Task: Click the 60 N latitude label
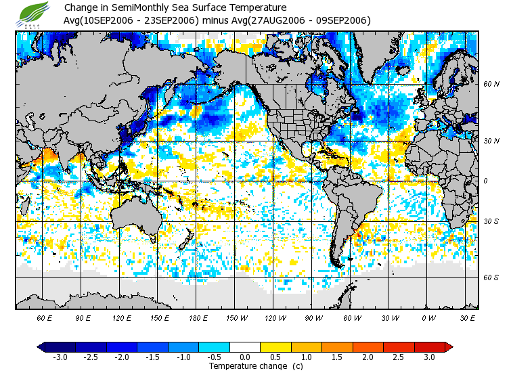coord(491,85)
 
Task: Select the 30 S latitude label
coord(491,221)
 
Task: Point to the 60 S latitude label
coord(491,277)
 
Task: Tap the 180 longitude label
coord(198,317)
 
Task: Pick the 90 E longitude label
coord(83,317)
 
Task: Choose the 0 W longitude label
coord(428,317)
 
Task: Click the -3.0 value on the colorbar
coord(60,357)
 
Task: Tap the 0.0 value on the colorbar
coord(246,357)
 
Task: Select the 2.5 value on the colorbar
coord(399,357)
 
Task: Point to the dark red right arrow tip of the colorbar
coord(449,347)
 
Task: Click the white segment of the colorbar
coord(246,347)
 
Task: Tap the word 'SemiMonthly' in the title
coord(133,8)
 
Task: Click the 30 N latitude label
coord(491,141)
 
